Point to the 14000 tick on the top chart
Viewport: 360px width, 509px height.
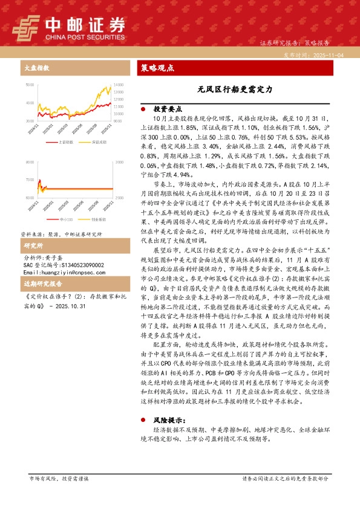pyautogui.click(x=118, y=84)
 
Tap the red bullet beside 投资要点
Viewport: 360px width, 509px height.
pyautogui.click(x=143, y=109)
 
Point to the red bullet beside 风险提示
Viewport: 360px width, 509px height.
pyautogui.click(x=143, y=418)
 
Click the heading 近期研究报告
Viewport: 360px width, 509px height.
pyautogui.click(x=43, y=284)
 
